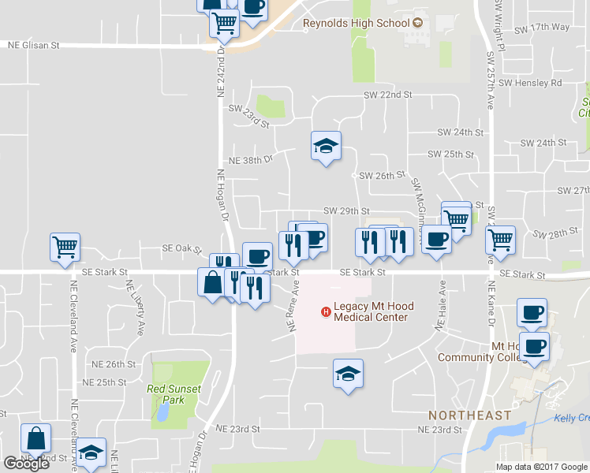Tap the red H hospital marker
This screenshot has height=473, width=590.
pyautogui.click(x=324, y=312)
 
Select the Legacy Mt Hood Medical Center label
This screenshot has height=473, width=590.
pyautogui.click(x=370, y=312)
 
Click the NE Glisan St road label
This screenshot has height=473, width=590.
pyautogui.click(x=33, y=46)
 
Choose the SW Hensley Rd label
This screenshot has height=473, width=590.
pyautogui.click(x=529, y=83)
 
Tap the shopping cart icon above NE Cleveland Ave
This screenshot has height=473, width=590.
pyautogui.click(x=64, y=247)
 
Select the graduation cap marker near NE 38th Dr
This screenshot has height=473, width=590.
pyautogui.click(x=325, y=147)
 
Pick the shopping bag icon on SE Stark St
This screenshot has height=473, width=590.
pyautogui.click(x=212, y=282)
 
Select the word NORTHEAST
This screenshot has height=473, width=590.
pyautogui.click(x=469, y=415)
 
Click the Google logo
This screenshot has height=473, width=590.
pyautogui.click(x=25, y=463)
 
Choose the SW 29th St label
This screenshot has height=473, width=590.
pyautogui.click(x=346, y=211)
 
